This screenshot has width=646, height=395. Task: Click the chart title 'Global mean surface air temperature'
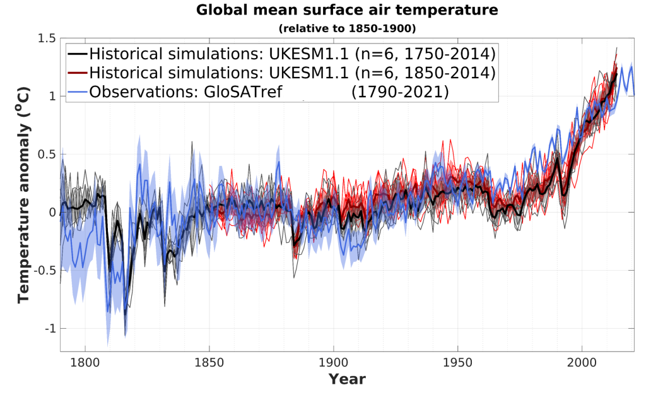pyautogui.click(x=347, y=10)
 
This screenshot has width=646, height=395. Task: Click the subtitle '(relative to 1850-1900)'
pyautogui.click(x=347, y=28)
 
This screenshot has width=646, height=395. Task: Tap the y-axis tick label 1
pyautogui.click(x=51, y=97)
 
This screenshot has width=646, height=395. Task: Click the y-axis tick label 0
pyautogui.click(x=51, y=213)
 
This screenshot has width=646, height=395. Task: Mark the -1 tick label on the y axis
pyautogui.click(x=49, y=329)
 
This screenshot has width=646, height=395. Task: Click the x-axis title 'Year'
pyautogui.click(x=347, y=380)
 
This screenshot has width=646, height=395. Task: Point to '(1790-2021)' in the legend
pyautogui.click(x=399, y=91)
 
